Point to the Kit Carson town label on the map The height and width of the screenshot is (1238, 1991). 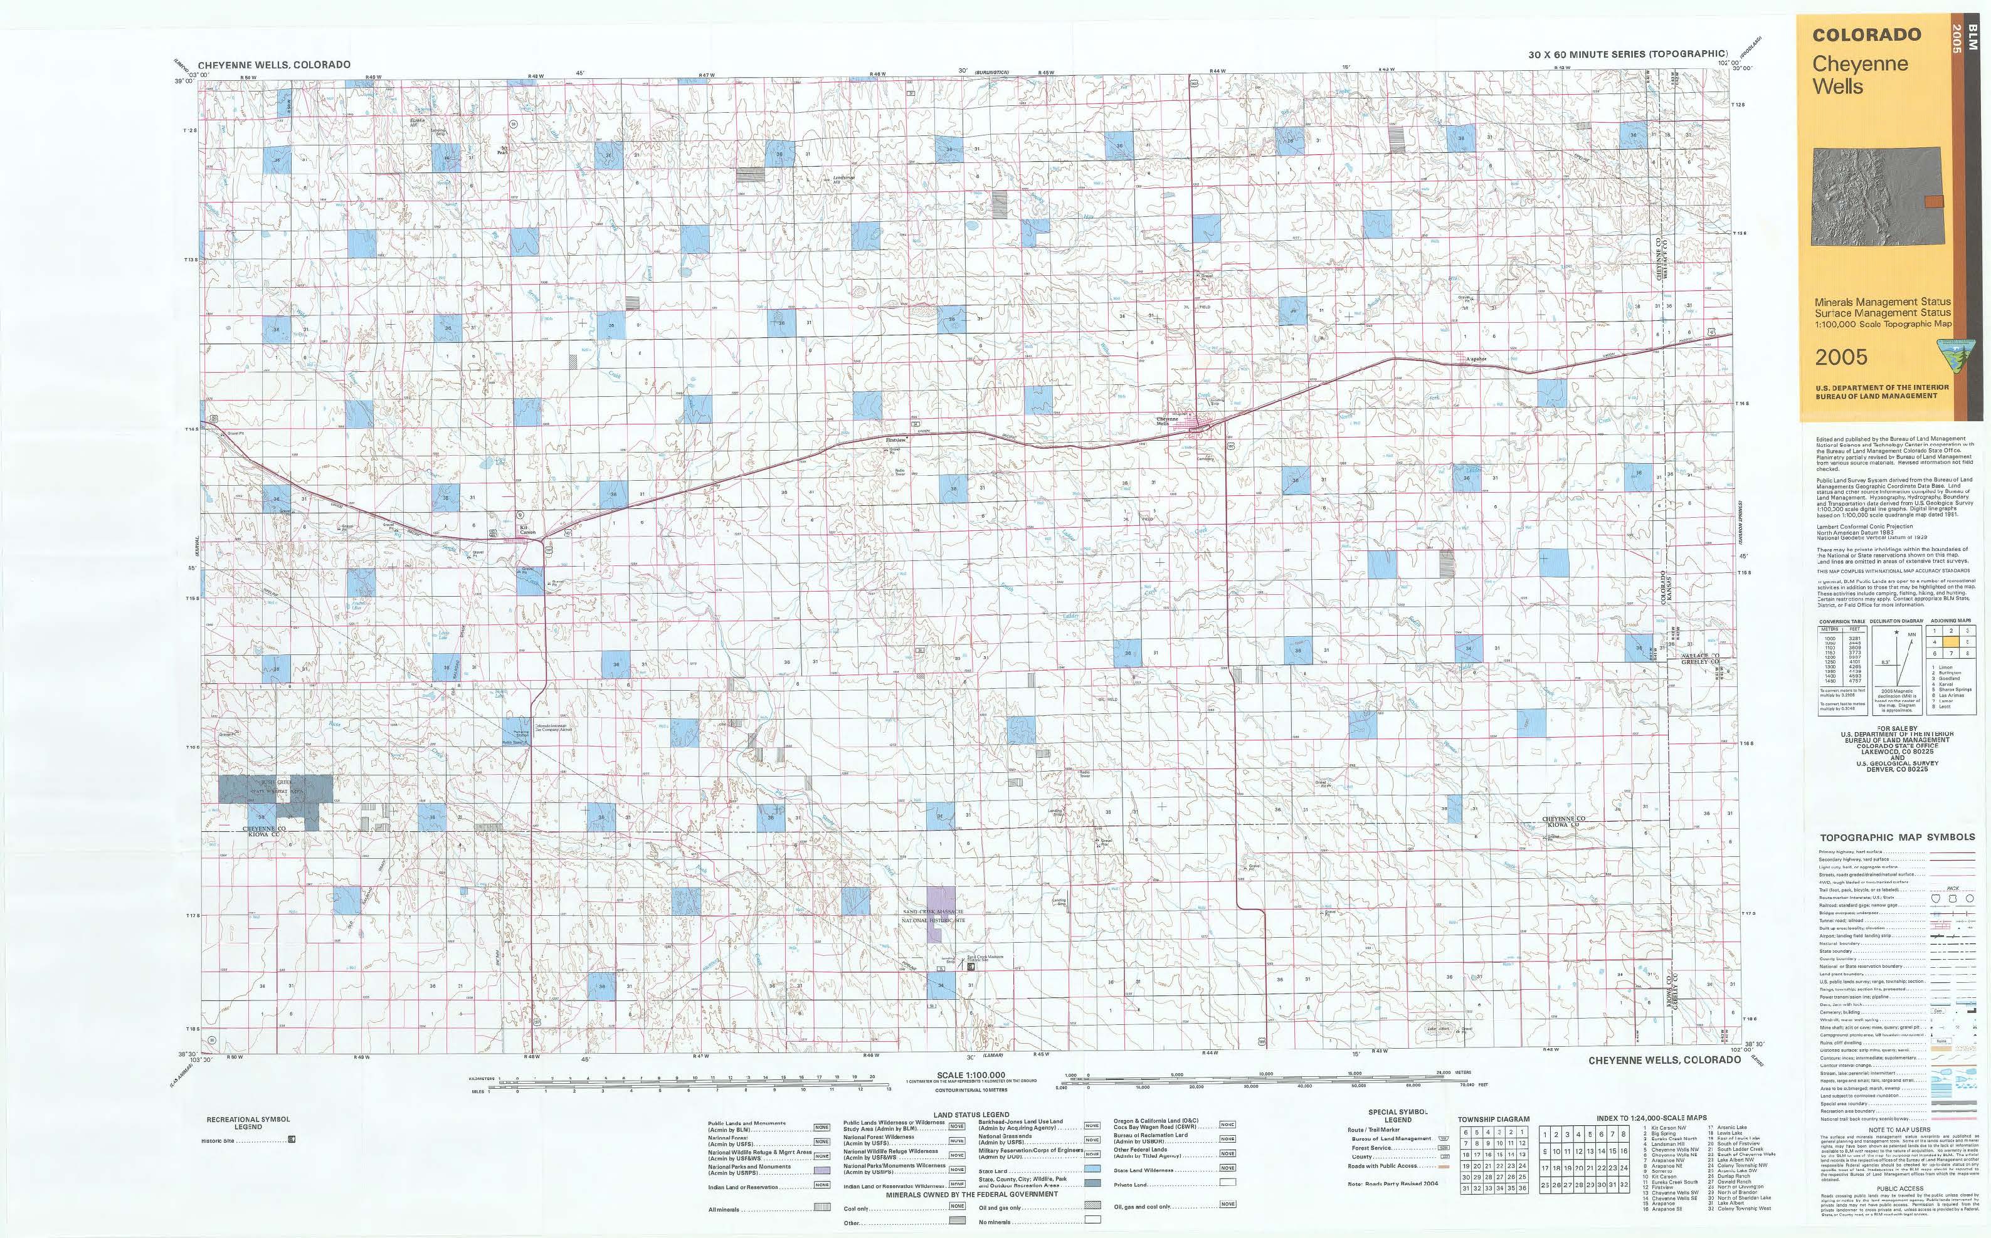(527, 530)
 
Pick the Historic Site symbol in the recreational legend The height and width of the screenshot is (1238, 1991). (292, 1140)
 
